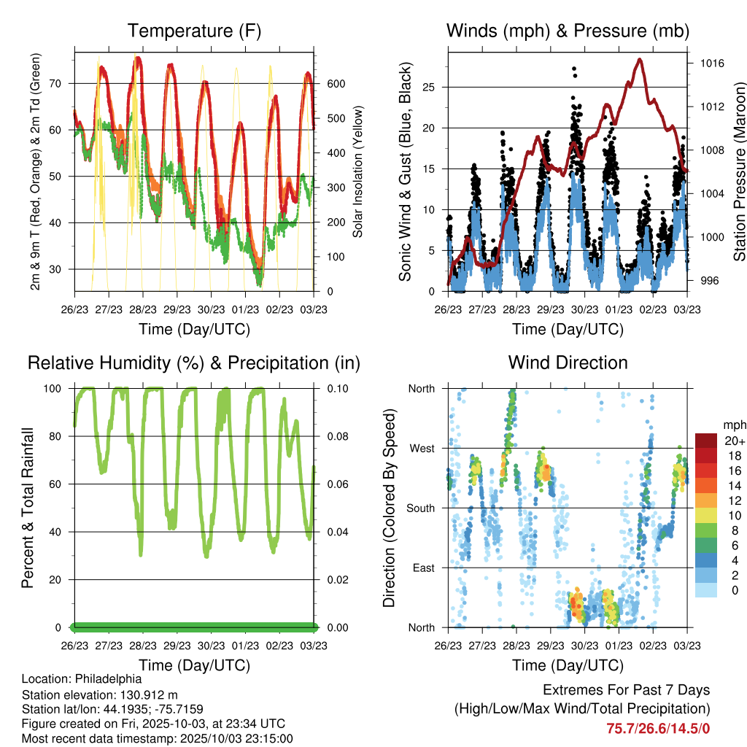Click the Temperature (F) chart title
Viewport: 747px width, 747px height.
194,31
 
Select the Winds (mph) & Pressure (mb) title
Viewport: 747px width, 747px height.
568,31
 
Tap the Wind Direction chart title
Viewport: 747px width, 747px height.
568,363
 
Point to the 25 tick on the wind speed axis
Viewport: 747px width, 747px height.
429,88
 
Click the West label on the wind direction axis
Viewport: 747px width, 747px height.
421,449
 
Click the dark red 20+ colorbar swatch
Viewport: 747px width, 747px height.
705,440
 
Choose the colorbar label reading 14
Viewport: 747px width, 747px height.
730,486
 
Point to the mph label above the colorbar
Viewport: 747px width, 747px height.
732,425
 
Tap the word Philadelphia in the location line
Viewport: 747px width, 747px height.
113,678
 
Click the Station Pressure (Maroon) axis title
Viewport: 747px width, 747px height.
739,161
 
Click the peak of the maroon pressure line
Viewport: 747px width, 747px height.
640,59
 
